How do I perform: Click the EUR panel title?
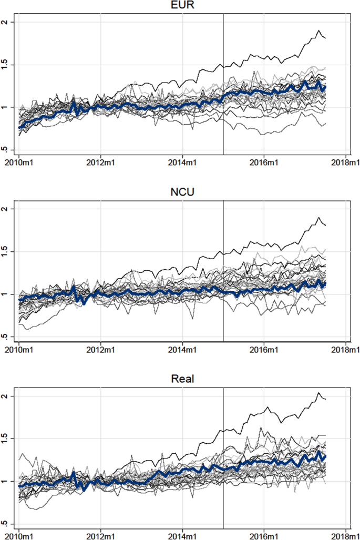(x=182, y=6)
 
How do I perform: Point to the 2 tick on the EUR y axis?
(x=6, y=22)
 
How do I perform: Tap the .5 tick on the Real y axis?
(x=6, y=524)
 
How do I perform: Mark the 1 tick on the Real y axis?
(x=6, y=481)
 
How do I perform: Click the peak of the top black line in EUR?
(x=318, y=30)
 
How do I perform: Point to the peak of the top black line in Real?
(x=318, y=393)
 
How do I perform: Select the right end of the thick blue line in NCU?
(x=326, y=284)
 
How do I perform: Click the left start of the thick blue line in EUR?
(x=19, y=127)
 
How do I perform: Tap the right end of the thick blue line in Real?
(x=326, y=456)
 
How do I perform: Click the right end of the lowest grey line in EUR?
(x=326, y=124)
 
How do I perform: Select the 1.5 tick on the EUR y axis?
(x=6, y=65)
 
